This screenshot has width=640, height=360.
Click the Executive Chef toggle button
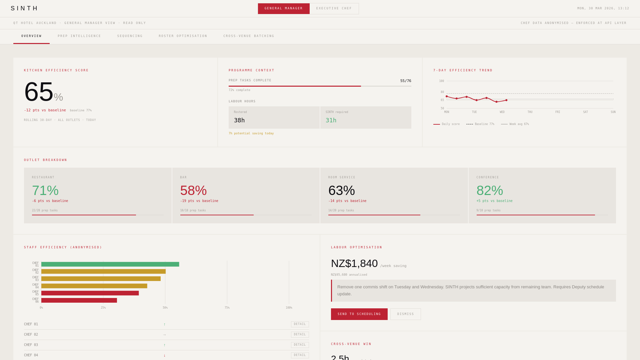[x=334, y=9]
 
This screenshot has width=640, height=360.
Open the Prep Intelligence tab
[x=79, y=36]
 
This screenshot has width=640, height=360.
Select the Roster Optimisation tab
[x=183, y=36]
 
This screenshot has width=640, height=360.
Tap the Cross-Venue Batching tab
[x=249, y=36]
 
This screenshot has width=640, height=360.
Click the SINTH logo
[x=25, y=8]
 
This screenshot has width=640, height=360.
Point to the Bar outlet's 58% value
[x=193, y=191]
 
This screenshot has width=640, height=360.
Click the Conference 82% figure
[x=490, y=191]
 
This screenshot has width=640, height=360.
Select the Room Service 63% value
[x=341, y=191]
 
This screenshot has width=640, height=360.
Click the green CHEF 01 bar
[x=110, y=264]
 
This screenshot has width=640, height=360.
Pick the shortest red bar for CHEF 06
[x=79, y=300]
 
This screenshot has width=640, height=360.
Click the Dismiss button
[x=405, y=314]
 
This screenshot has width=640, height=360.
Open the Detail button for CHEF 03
[x=300, y=345]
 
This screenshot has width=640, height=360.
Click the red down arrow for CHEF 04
[x=164, y=355]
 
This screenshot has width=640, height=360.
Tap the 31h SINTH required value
[x=331, y=120]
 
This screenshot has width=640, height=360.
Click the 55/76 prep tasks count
[x=405, y=81]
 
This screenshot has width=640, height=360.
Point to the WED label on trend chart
[x=502, y=112]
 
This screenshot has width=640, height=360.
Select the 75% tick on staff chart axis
[x=227, y=308]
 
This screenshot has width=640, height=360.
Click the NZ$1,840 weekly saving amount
[x=354, y=264]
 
